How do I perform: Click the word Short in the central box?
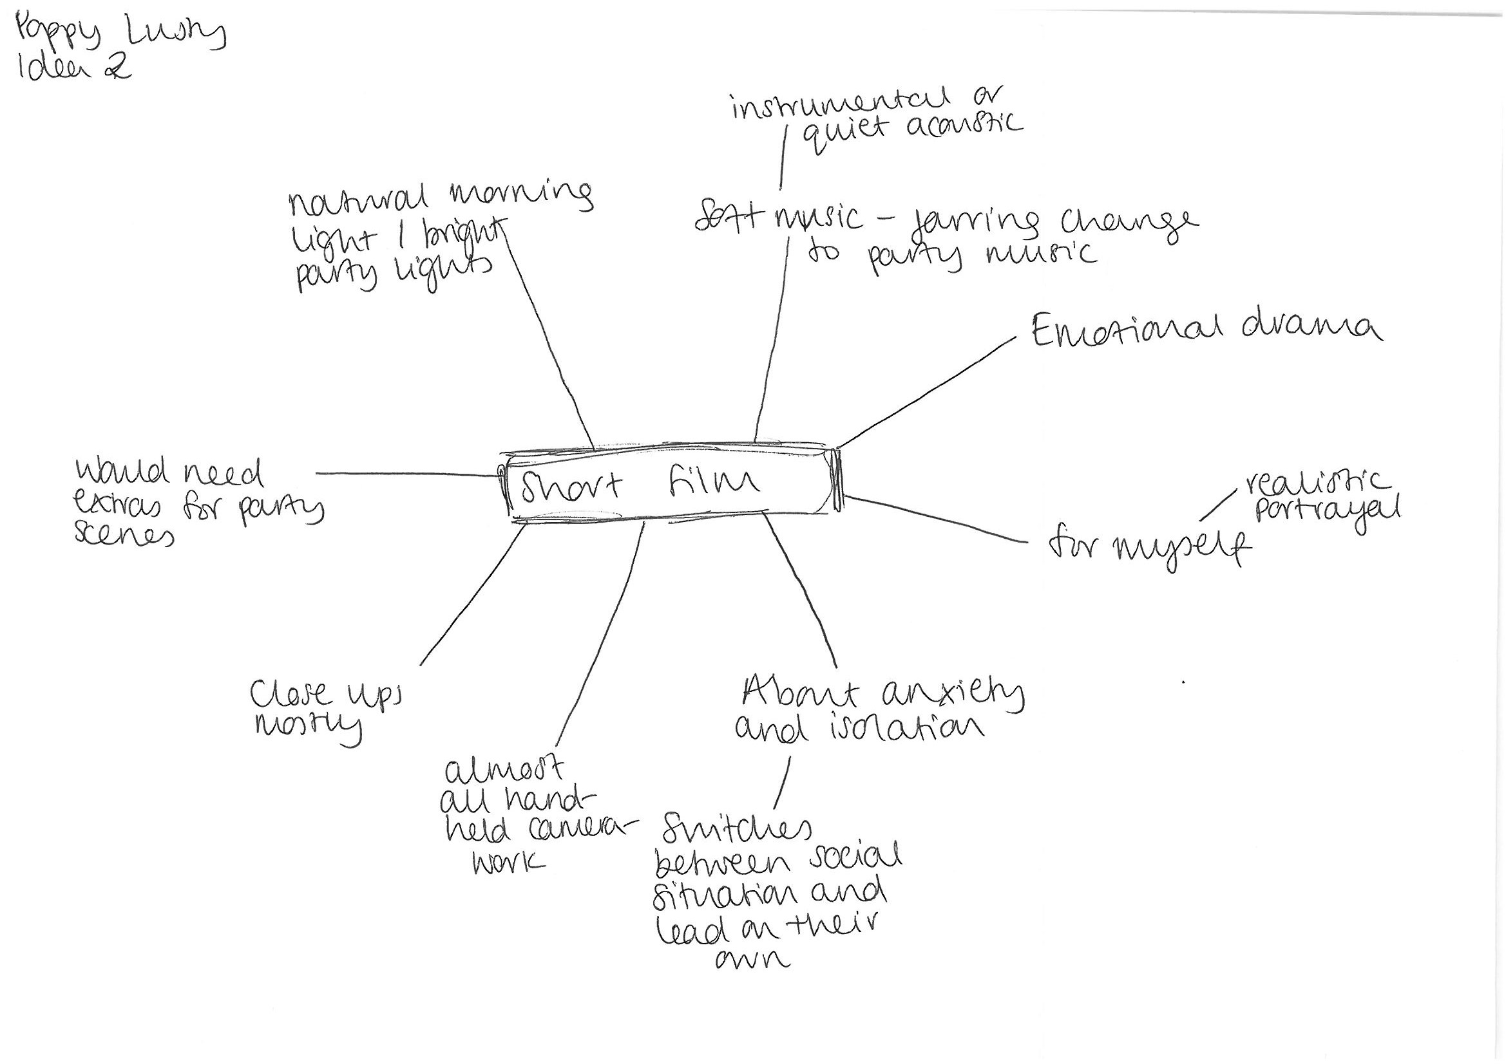click(571, 487)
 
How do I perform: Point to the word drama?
click(1312, 328)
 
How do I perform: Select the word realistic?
click(1319, 485)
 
